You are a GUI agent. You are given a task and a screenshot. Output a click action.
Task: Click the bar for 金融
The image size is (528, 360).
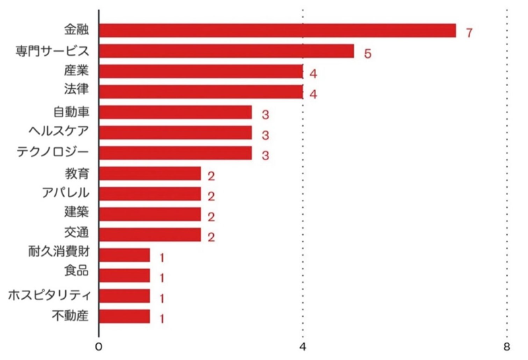(x=277, y=31)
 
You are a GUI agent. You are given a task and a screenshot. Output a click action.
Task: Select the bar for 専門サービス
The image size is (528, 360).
(x=227, y=51)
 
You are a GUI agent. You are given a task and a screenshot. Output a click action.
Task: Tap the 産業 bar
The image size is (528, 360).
(x=201, y=72)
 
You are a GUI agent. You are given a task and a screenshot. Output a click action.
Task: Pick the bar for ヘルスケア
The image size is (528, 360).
(x=176, y=133)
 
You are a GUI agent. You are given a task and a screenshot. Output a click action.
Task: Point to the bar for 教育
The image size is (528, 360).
(x=150, y=174)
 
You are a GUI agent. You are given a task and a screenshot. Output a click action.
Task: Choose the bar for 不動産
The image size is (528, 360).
(x=124, y=316)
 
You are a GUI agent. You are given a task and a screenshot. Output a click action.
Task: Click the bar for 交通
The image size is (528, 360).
(x=150, y=235)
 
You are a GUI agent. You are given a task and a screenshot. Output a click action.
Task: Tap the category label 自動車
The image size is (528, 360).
(x=71, y=112)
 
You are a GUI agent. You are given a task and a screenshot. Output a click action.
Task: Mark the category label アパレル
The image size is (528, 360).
(x=65, y=193)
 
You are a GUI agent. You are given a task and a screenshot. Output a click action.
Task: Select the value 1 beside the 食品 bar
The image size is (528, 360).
(x=162, y=278)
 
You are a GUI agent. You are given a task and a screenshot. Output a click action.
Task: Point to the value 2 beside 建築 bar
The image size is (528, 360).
(x=211, y=217)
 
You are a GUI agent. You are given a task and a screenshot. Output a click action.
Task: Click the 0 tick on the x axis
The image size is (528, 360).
(x=99, y=347)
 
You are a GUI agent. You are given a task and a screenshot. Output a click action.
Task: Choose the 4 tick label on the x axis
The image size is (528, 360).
(x=303, y=347)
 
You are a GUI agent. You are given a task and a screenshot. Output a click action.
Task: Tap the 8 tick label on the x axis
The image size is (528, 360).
(x=506, y=347)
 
